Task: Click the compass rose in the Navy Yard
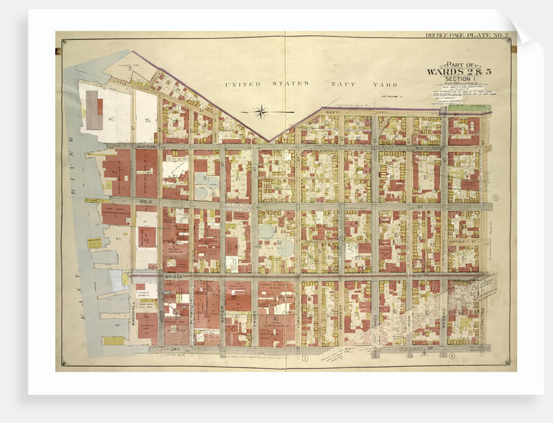[260, 111]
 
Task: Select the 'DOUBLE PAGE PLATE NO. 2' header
[470, 34]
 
